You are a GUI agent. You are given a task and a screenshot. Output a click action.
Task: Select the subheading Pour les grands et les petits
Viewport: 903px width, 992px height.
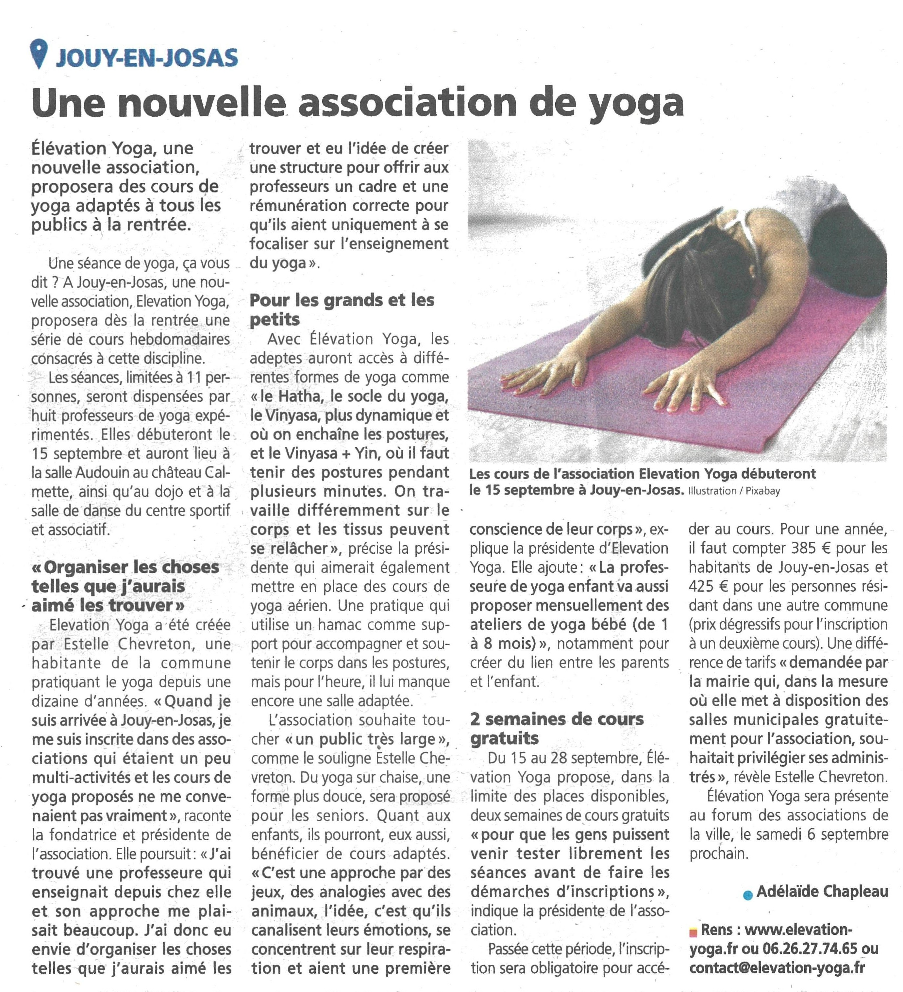tap(342, 310)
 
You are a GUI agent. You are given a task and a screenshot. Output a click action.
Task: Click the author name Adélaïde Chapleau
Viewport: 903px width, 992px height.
tap(822, 891)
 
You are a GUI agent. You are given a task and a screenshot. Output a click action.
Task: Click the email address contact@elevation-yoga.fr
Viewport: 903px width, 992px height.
tap(777, 967)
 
